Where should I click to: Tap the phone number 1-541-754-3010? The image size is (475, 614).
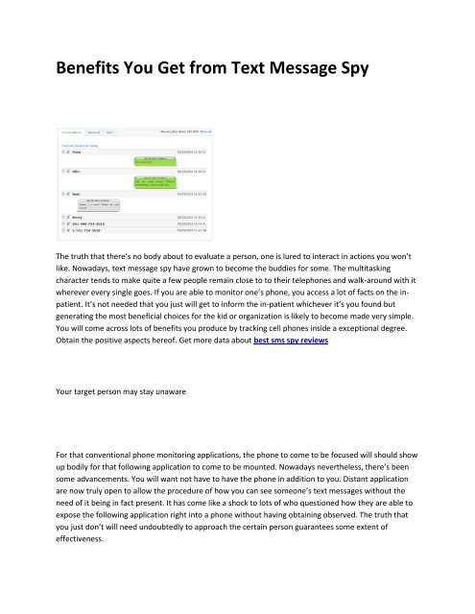(x=88, y=230)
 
